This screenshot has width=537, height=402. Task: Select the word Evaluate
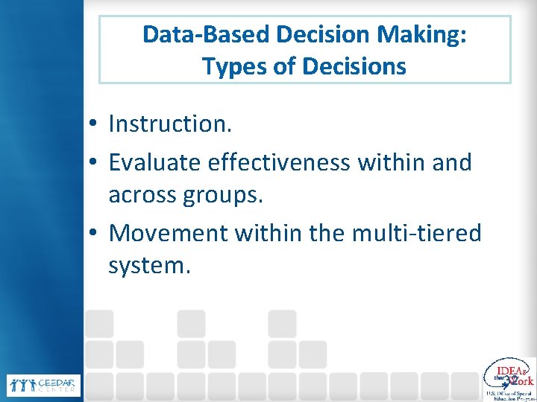tap(155, 162)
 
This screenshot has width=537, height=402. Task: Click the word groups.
tap(227, 196)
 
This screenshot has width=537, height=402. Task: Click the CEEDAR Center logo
tap(43, 385)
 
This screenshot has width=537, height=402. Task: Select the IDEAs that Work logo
tap(509, 378)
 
